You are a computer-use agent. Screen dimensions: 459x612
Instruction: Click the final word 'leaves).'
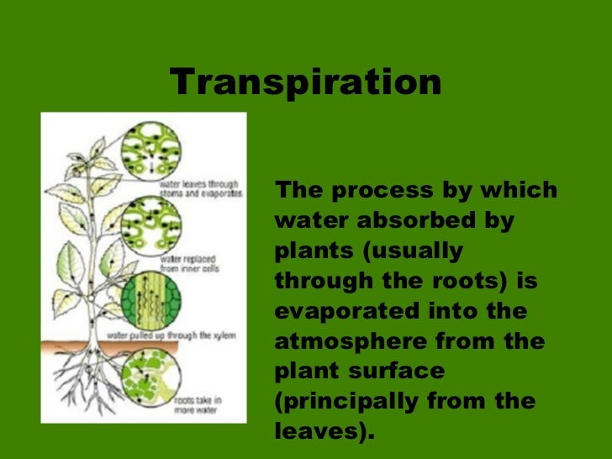pos(324,432)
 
